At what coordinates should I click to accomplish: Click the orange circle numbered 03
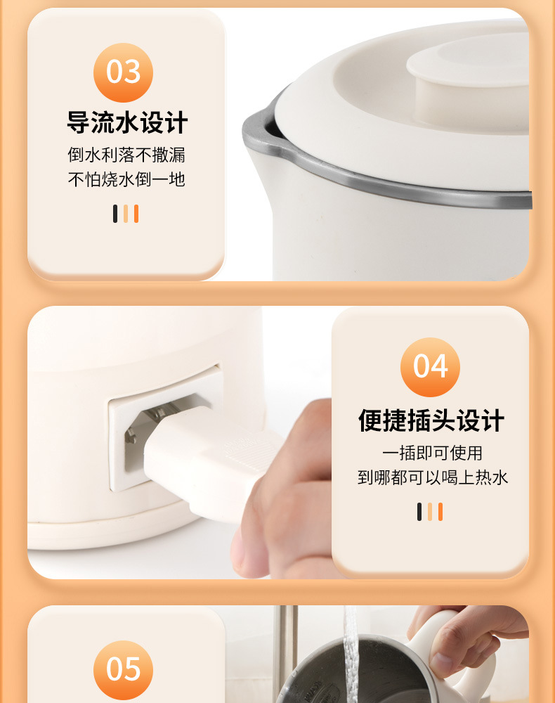(123, 72)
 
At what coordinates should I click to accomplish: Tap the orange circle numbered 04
(430, 367)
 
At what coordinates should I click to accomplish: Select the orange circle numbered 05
(123, 670)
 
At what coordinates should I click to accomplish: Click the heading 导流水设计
(127, 122)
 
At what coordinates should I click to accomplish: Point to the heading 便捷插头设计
(431, 420)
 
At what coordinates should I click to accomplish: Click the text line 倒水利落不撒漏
(126, 155)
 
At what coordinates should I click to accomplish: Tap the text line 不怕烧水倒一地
(126, 179)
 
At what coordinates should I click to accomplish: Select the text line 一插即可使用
(432, 453)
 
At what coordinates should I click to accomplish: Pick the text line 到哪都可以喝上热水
(433, 477)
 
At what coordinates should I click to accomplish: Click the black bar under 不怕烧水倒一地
(115, 214)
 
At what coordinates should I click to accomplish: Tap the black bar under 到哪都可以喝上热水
(419, 512)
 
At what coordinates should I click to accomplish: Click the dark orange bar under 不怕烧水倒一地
(136, 214)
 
